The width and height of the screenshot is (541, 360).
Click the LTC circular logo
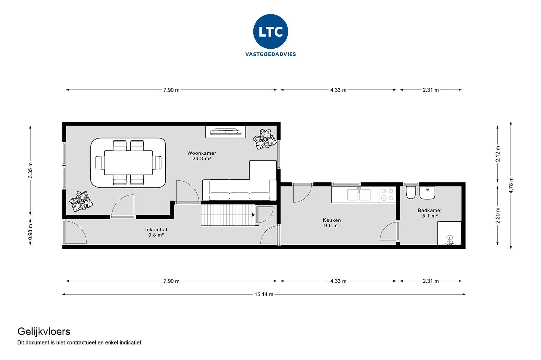(x=270, y=32)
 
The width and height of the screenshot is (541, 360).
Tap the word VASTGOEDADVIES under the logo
(x=270, y=54)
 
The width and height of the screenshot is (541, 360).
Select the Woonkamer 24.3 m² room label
(x=202, y=156)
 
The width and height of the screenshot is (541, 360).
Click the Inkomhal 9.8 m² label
(x=156, y=232)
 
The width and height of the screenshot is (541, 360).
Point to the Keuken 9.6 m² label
(x=332, y=223)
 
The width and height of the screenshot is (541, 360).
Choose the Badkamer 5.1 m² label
(x=430, y=213)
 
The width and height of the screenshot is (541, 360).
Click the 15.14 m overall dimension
(x=264, y=294)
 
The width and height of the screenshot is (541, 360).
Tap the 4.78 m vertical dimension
(x=511, y=185)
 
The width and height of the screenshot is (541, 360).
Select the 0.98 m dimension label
(x=31, y=232)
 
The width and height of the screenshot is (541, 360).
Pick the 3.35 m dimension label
(x=31, y=170)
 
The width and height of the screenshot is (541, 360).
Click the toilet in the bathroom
(x=410, y=193)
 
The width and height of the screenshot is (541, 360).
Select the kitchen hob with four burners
(x=387, y=195)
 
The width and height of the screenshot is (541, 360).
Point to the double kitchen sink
(x=359, y=194)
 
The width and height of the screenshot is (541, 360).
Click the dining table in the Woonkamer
(x=129, y=163)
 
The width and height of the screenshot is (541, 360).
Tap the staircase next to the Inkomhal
(x=228, y=215)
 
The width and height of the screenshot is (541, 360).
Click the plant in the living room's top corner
(x=264, y=139)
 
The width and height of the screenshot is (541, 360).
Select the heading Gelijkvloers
(x=44, y=331)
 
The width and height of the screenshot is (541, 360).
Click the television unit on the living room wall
(x=226, y=131)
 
